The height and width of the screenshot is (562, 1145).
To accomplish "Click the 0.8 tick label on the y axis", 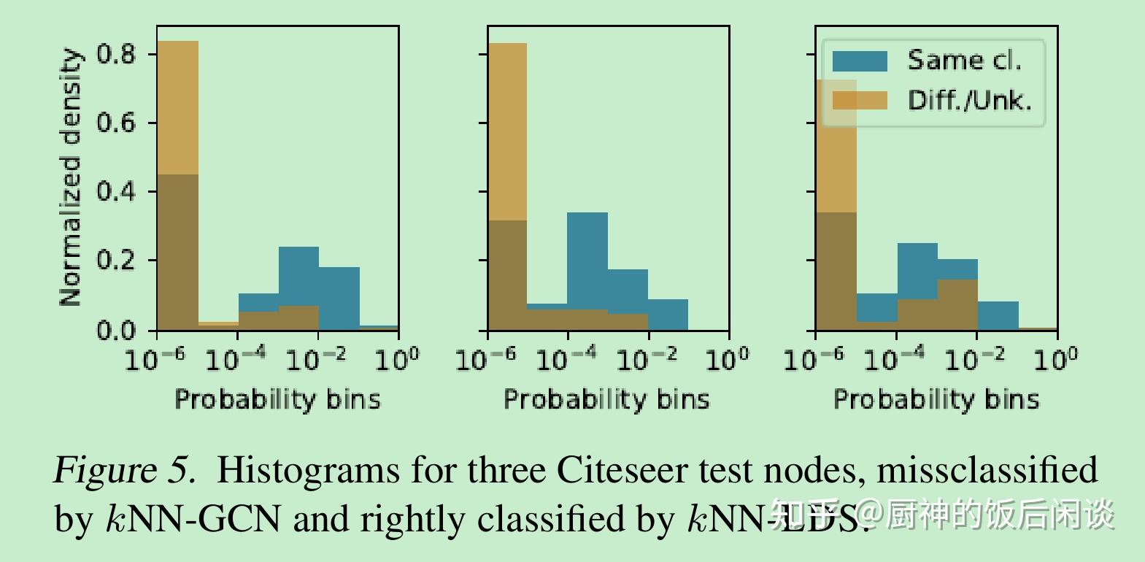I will [116, 54].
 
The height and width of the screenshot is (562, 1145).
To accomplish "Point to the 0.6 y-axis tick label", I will [116, 123].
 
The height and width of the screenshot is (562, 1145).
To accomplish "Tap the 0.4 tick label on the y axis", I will [116, 191].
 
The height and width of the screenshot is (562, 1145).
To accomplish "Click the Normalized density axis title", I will [70, 177].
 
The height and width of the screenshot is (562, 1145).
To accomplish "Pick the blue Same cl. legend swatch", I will [860, 61].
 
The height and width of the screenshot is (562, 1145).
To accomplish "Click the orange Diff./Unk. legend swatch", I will [860, 100].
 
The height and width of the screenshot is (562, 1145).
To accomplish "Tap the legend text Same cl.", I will [964, 61].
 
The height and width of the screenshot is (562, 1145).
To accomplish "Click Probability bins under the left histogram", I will [277, 399].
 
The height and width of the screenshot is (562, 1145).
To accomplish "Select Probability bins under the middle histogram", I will [606, 399].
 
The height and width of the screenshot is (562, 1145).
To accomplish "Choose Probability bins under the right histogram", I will [936, 399].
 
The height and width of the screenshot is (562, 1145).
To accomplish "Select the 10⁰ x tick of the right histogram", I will [1056, 358].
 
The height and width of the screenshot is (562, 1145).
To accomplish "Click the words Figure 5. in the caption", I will [125, 470].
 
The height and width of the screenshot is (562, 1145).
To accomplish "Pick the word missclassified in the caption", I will [987, 470].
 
